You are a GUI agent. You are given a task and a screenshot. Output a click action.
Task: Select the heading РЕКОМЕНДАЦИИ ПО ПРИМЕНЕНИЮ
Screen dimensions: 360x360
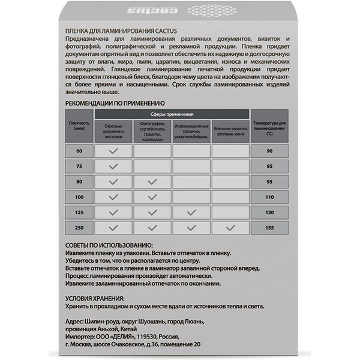[115, 103]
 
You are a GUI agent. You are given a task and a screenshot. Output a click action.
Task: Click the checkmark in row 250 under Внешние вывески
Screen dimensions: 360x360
[230, 227]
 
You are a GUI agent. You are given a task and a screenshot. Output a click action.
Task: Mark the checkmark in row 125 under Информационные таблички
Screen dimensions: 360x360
[191, 212]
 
